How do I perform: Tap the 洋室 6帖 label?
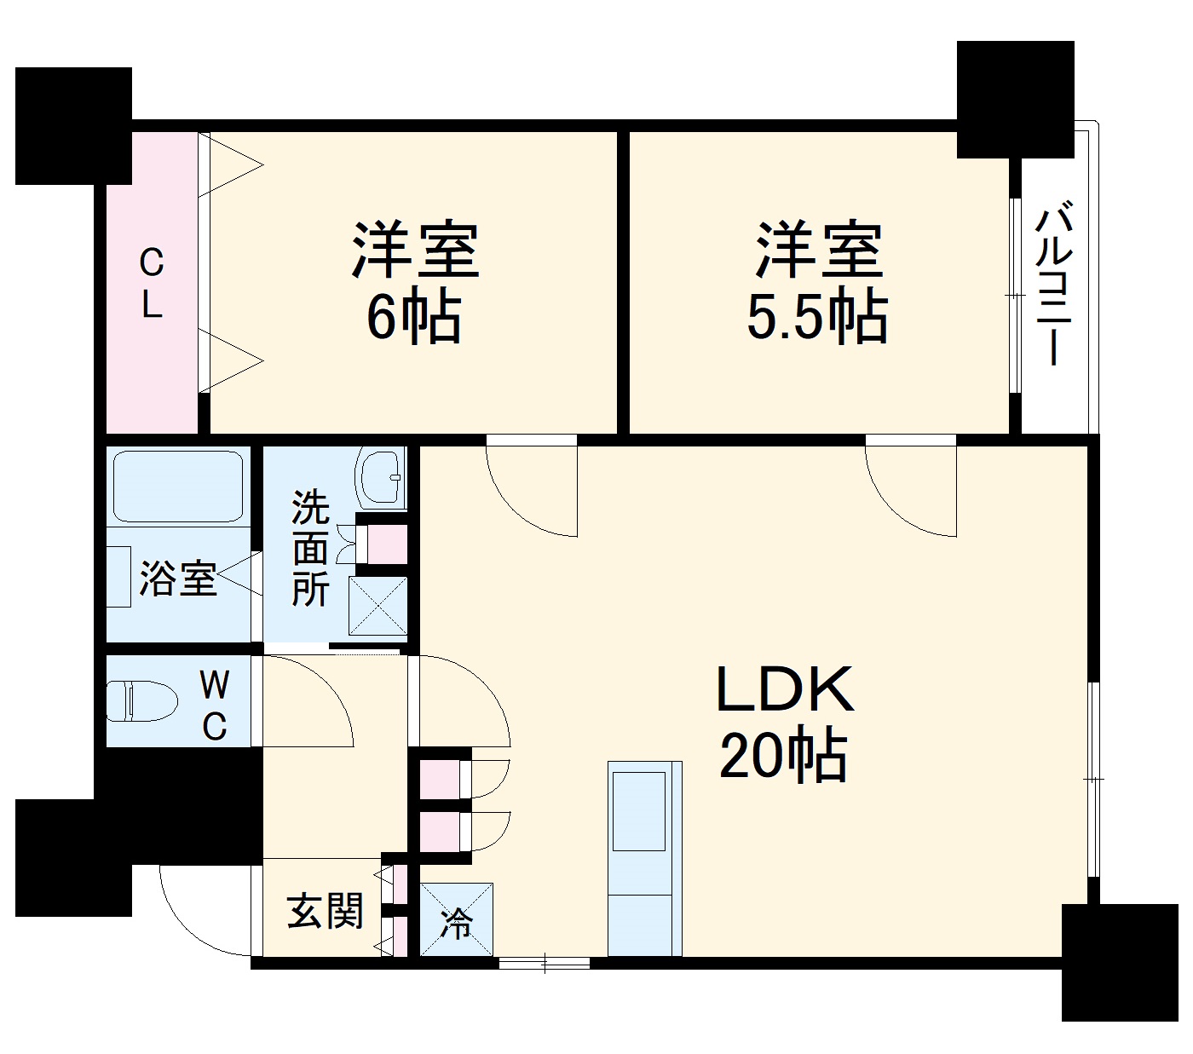pyautogui.click(x=415, y=282)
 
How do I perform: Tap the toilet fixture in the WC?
pyautogui.click(x=141, y=700)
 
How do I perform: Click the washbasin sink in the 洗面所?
pyautogui.click(x=381, y=478)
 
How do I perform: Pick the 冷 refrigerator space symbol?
pyautogui.click(x=457, y=920)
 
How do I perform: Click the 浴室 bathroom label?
pyautogui.click(x=178, y=579)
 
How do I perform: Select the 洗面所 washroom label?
pyautogui.click(x=310, y=549)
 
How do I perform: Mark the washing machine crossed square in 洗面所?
pyautogui.click(x=378, y=605)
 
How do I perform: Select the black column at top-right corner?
pyautogui.click(x=1014, y=98)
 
